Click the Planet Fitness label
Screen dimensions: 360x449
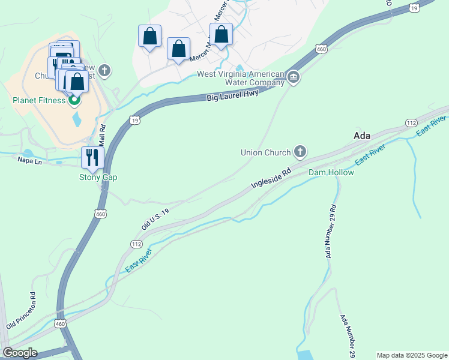tap(39, 100)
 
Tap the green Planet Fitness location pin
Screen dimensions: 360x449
tap(74, 100)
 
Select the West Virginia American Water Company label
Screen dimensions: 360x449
tap(241, 78)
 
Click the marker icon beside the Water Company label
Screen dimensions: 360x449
tap(294, 77)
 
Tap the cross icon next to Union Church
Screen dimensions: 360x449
tap(300, 152)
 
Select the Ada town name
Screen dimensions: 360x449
tap(362, 136)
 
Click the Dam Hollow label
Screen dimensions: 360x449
tap(331, 172)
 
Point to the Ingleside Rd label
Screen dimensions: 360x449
tap(271, 178)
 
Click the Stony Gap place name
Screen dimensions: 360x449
tap(98, 177)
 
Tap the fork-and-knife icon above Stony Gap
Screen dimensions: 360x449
tap(92, 157)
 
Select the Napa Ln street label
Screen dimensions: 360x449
tap(29, 160)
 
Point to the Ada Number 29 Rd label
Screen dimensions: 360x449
tap(331, 231)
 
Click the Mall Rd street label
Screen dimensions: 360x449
tap(102, 136)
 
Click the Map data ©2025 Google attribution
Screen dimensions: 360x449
tap(412, 355)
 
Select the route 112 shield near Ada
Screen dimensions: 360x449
tap(411, 122)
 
